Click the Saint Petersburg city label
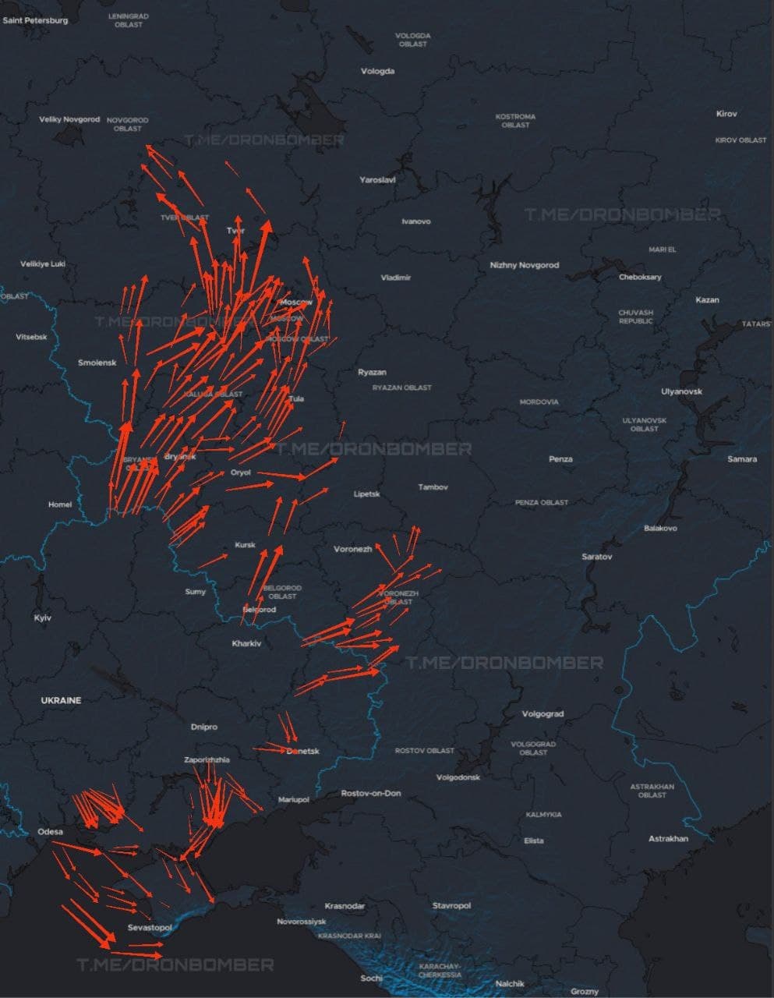click(x=36, y=20)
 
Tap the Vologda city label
click(x=378, y=71)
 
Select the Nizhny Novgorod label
click(x=525, y=265)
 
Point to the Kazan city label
click(x=707, y=299)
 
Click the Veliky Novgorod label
click(x=69, y=119)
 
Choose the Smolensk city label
click(x=97, y=363)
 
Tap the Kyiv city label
click(x=43, y=618)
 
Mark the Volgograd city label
click(x=543, y=713)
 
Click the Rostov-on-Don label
click(x=371, y=793)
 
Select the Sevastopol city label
click(x=149, y=928)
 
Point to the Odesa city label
click(x=51, y=832)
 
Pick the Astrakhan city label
click(x=668, y=839)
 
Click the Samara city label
click(x=742, y=458)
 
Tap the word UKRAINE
click(x=61, y=700)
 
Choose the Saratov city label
click(x=597, y=557)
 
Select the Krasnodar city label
click(x=345, y=906)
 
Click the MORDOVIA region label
click(x=539, y=402)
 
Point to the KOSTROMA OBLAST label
click(x=515, y=120)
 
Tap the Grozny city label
click(x=584, y=992)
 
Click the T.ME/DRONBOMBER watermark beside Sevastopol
click(x=175, y=965)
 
